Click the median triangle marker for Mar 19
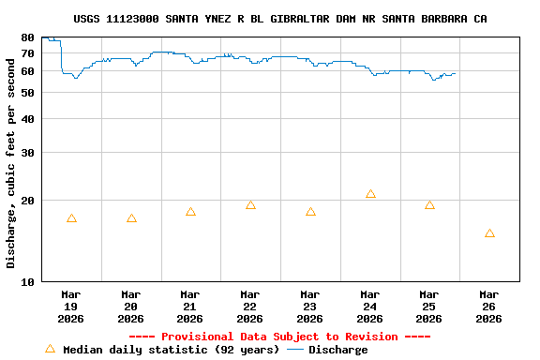[x=71, y=218]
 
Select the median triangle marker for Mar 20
[x=131, y=218]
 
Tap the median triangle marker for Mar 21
[x=190, y=212]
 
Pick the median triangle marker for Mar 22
[x=250, y=205]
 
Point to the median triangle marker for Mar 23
[x=310, y=212]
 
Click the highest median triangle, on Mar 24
[x=370, y=194]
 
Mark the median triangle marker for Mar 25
[x=429, y=205]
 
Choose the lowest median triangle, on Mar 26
[x=489, y=233]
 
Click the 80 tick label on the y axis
[x=28, y=37]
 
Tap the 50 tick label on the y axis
[x=28, y=93]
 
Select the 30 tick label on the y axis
[x=28, y=153]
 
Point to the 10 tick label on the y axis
[x=28, y=281]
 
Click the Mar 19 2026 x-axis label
[x=71, y=307]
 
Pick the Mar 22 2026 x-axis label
[x=250, y=307]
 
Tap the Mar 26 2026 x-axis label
[x=489, y=307]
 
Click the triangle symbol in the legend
[x=50, y=349]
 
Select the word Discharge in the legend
[x=337, y=350]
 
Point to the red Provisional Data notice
[x=279, y=337]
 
